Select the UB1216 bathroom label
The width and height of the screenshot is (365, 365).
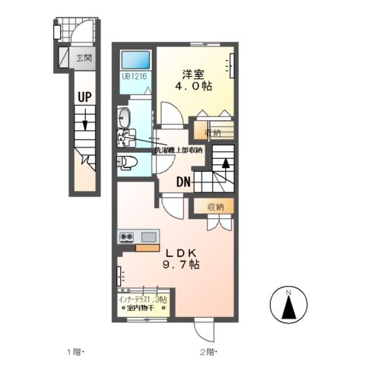[x=134, y=77]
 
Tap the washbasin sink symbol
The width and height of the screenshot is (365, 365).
[x=125, y=118]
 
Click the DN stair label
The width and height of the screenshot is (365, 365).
[x=184, y=181]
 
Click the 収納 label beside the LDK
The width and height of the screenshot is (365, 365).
[x=217, y=206]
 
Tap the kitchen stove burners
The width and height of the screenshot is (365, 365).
[x=125, y=236]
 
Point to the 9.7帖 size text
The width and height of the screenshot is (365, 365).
[x=180, y=265]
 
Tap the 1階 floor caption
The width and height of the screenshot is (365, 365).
[x=75, y=351]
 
